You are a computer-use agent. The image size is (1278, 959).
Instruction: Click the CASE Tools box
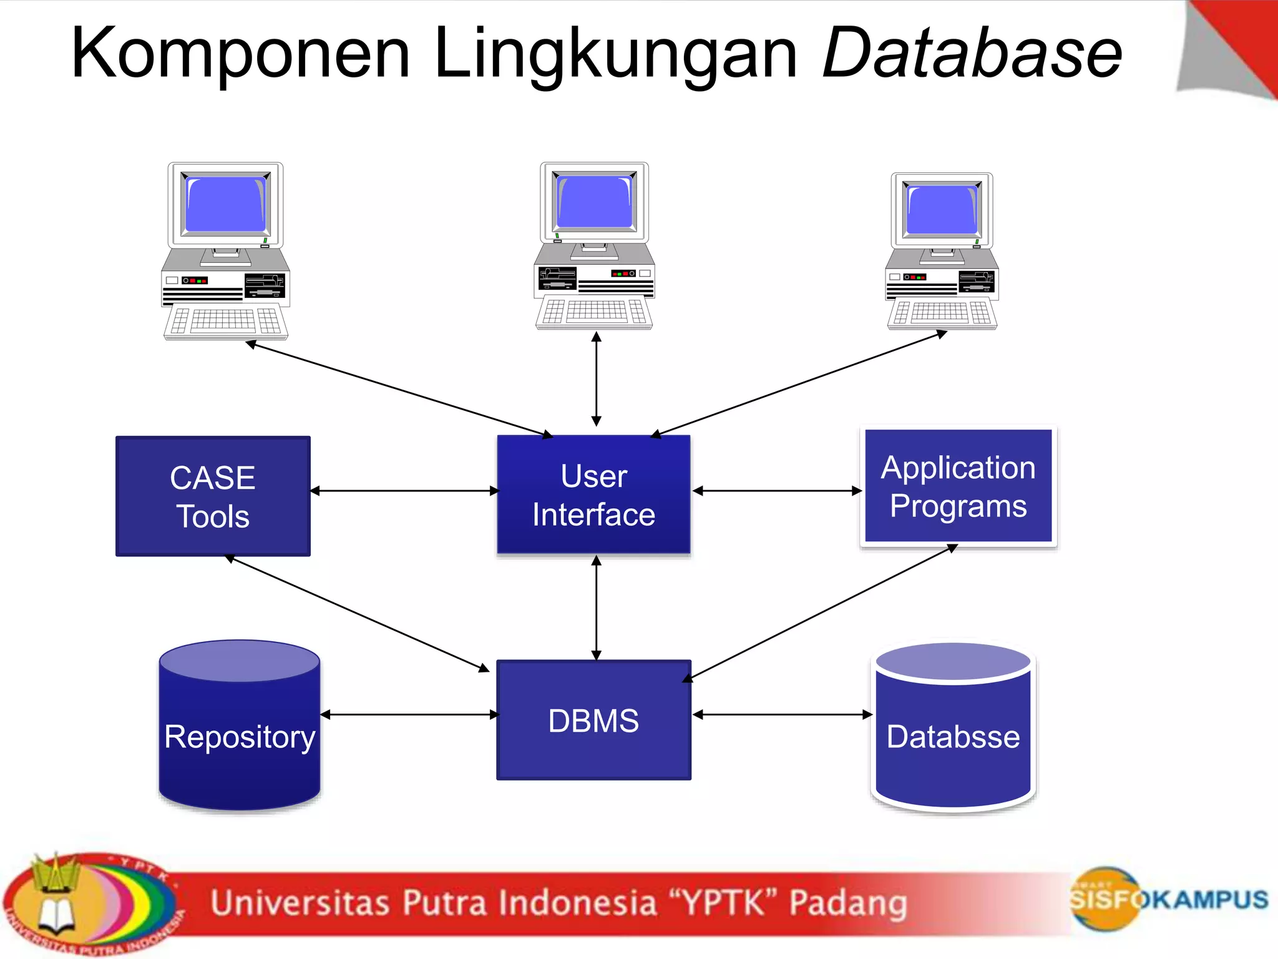[213, 496]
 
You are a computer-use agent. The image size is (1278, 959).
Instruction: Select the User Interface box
[593, 494]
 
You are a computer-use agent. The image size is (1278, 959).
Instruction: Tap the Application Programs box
[958, 486]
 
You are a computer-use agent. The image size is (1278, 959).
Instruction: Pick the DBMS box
[593, 720]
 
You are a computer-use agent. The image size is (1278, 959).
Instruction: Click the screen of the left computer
[226, 204]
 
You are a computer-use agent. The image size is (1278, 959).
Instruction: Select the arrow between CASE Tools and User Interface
[404, 491]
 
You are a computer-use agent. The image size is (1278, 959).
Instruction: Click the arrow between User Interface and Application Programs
[777, 491]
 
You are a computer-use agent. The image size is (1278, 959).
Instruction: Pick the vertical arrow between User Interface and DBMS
[597, 607]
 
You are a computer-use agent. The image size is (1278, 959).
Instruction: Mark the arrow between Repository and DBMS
[409, 714]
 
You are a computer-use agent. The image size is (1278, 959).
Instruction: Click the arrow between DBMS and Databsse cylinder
[782, 714]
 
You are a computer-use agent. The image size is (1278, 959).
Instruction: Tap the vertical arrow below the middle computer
[597, 378]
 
